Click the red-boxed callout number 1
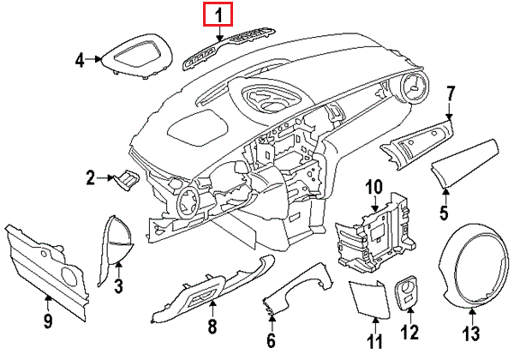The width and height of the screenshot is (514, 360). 218,15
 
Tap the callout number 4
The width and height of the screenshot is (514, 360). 80,60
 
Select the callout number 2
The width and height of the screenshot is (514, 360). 90,178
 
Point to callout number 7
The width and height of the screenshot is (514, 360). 451,92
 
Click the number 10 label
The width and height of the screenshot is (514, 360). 374,187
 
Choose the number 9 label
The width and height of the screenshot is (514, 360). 48,321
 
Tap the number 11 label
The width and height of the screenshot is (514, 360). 374,343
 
